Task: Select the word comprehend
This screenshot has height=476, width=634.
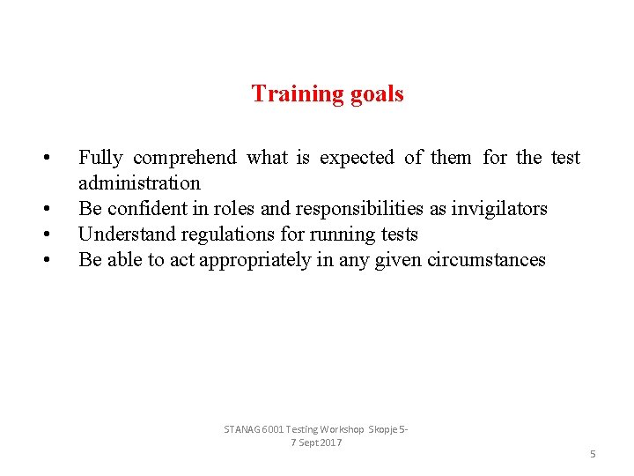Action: pyautogui.click(x=185, y=158)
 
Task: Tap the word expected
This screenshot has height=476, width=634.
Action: pyautogui.click(x=357, y=158)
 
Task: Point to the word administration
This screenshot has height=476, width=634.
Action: pyautogui.click(x=139, y=183)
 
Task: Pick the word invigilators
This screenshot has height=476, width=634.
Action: pyautogui.click(x=498, y=209)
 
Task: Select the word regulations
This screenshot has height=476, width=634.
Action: pyautogui.click(x=218, y=234)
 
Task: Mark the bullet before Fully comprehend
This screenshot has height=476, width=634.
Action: pyautogui.click(x=44, y=159)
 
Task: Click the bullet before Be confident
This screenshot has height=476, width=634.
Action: pyautogui.click(x=44, y=210)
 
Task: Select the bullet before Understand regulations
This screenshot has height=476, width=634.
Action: pyautogui.click(x=44, y=235)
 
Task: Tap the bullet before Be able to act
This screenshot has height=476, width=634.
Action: pyautogui.click(x=44, y=261)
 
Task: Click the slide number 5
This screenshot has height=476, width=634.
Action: pyautogui.click(x=593, y=454)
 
